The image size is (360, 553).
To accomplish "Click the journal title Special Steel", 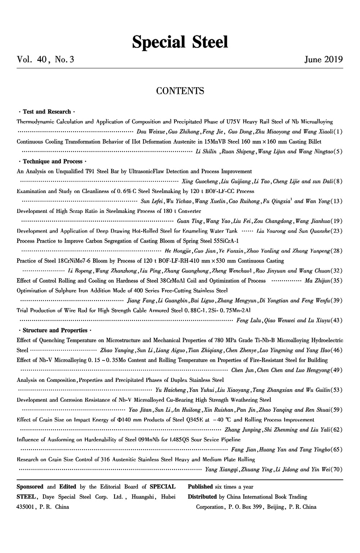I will click(x=180, y=42).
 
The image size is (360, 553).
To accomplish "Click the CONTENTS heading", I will click(x=180, y=90).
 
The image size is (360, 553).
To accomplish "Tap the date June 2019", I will click(x=323, y=59).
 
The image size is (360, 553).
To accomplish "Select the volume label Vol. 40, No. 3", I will click(x=45, y=59).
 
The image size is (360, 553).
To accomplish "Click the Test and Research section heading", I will click(x=47, y=112).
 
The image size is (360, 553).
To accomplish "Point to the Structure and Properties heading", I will click(x=55, y=330).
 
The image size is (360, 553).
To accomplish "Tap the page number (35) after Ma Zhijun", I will click(x=338, y=281).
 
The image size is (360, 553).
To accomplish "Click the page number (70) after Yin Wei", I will click(x=338, y=469).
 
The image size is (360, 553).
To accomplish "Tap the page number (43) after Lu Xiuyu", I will click(x=338, y=320).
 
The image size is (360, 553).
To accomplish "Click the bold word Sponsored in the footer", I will click(x=30, y=487).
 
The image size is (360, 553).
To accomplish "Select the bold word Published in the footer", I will click(x=200, y=487).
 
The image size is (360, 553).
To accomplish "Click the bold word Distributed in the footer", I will click(x=203, y=497).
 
